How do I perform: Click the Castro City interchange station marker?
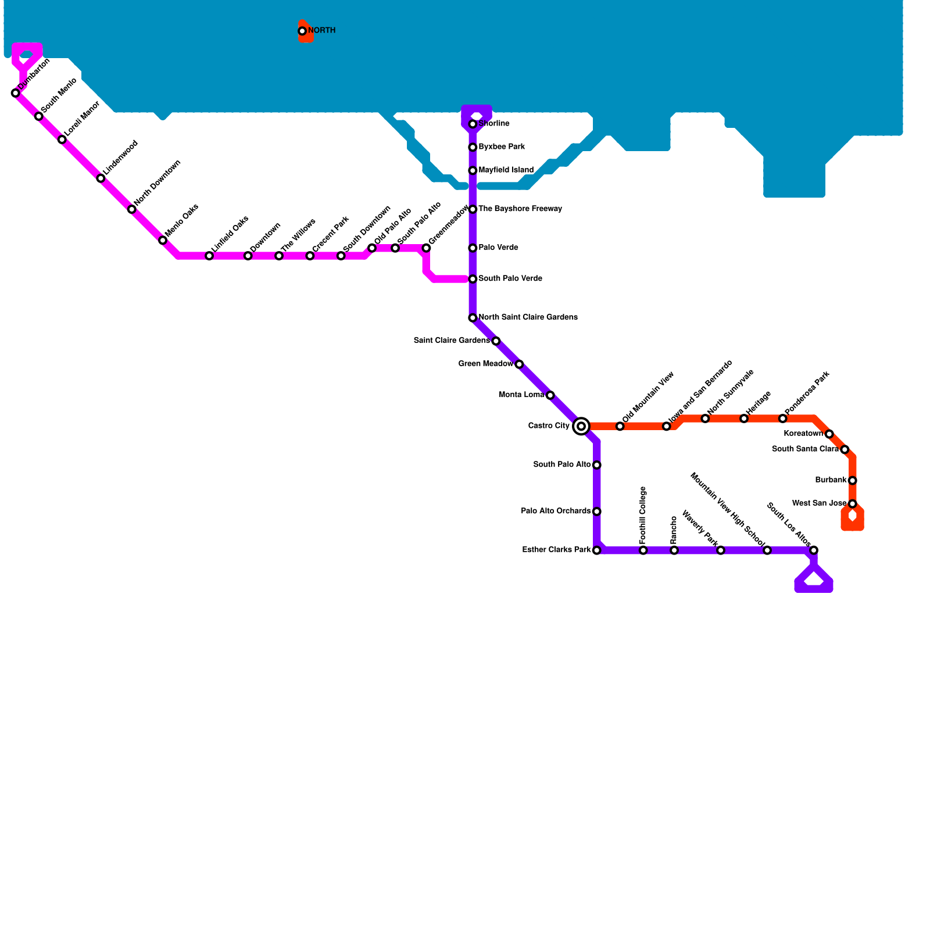(x=581, y=426)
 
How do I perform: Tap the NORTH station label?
(x=321, y=30)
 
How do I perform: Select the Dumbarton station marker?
(x=16, y=93)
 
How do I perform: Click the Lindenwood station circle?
(x=101, y=178)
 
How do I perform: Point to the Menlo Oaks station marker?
(x=163, y=240)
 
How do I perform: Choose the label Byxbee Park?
(x=502, y=147)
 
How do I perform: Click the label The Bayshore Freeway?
(x=520, y=209)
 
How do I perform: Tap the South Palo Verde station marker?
(x=473, y=279)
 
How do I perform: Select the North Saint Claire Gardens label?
(x=528, y=317)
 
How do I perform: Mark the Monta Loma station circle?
(x=550, y=395)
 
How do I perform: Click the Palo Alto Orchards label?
(x=556, y=511)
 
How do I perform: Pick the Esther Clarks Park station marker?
(x=596, y=550)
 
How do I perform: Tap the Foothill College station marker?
(x=643, y=550)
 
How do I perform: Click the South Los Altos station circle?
(x=814, y=550)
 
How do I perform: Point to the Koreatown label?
(x=803, y=434)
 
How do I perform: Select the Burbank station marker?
(x=852, y=480)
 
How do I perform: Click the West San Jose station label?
(x=819, y=503)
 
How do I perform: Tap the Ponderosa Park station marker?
(x=782, y=419)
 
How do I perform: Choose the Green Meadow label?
(x=485, y=364)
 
